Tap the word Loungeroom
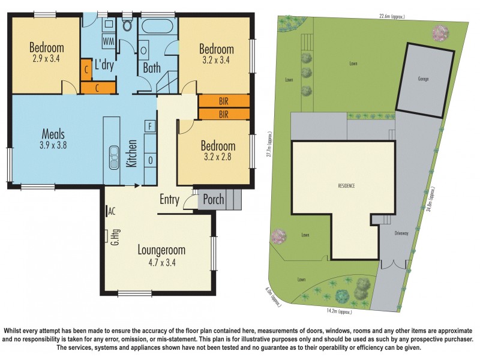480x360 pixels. tap(161, 250)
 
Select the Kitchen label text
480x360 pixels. tap(133, 153)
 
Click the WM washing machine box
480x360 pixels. tap(109, 41)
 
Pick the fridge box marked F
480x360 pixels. tap(151, 126)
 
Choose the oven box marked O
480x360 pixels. tap(151, 161)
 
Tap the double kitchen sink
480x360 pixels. tap(112, 158)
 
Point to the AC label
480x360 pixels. tap(112, 211)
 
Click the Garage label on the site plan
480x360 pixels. tap(424, 79)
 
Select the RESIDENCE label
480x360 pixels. tap(346, 186)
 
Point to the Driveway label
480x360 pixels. tap(401, 232)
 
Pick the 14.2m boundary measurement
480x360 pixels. tap(339, 312)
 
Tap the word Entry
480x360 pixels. tap(169, 200)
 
